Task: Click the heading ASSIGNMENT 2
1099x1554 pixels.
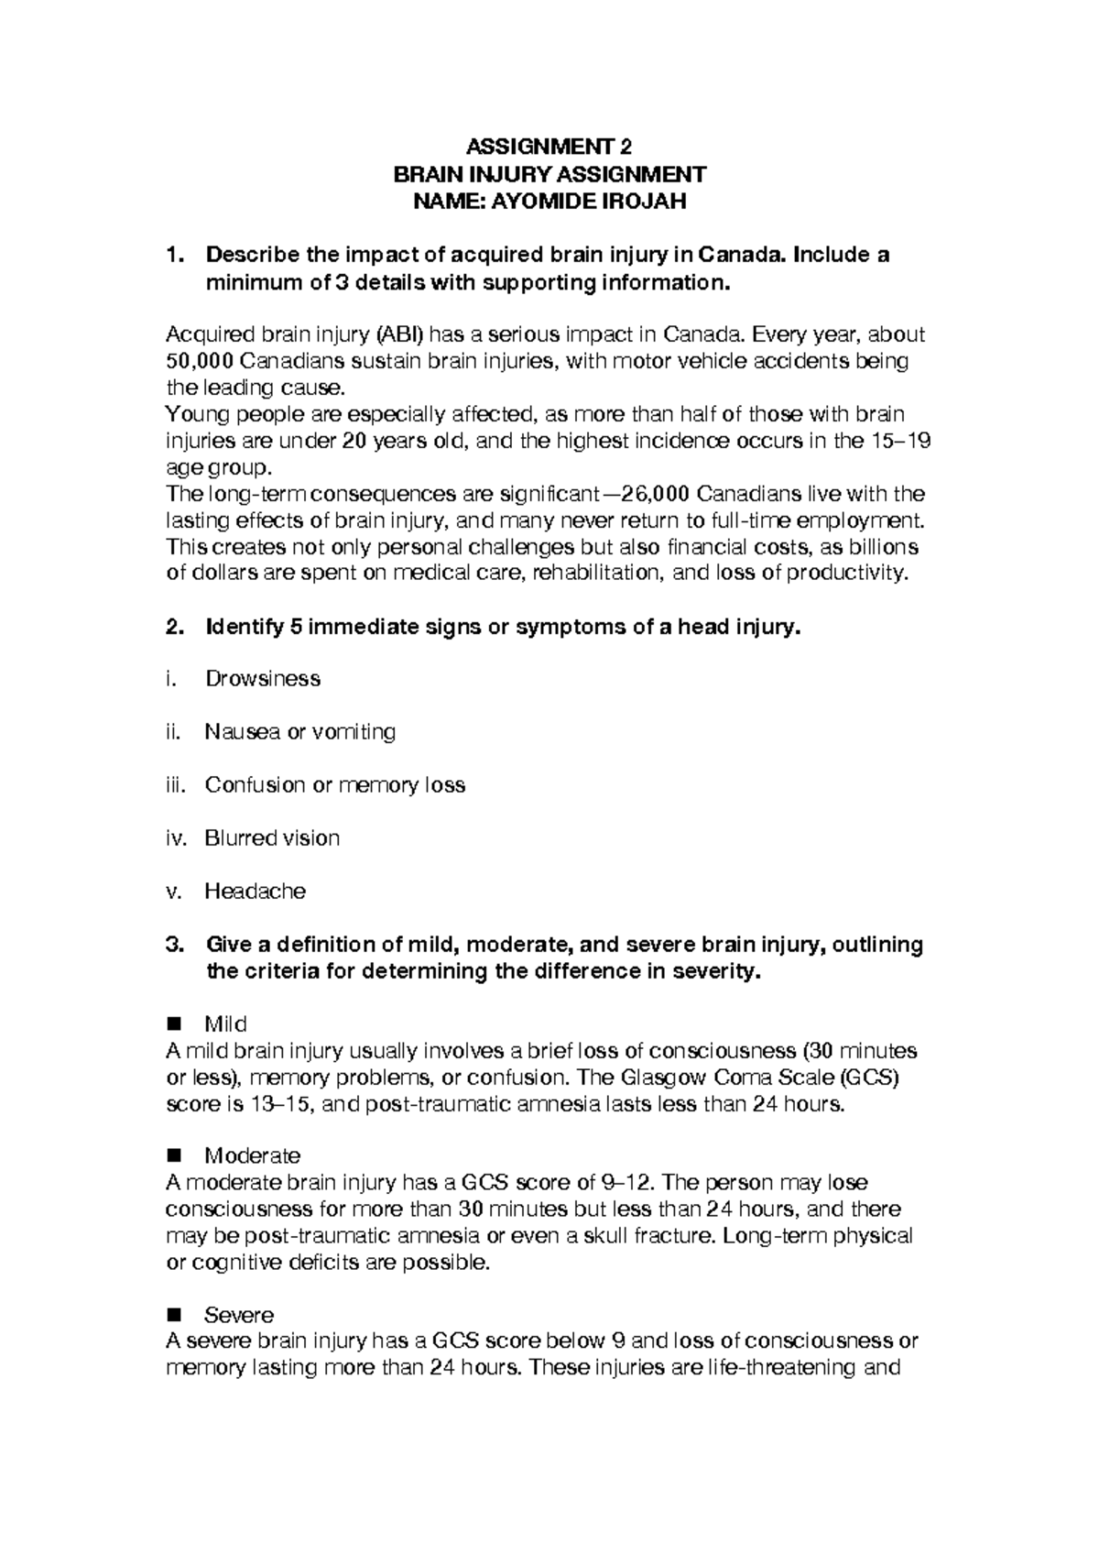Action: pos(549,147)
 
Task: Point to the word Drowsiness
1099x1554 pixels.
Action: pos(262,679)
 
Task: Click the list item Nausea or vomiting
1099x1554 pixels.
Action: pos(300,732)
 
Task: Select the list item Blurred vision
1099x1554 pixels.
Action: pos(272,838)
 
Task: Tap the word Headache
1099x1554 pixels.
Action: pos(255,892)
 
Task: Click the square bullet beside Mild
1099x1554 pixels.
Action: pos(174,1023)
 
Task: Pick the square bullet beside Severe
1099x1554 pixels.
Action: pos(174,1316)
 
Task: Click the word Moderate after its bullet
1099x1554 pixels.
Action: pos(252,1156)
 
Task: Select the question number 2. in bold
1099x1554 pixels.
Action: pos(175,629)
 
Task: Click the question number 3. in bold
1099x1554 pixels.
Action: pos(175,945)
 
